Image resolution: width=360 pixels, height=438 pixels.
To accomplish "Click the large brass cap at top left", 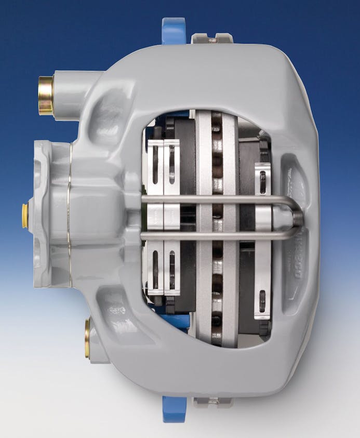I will tap(46, 95).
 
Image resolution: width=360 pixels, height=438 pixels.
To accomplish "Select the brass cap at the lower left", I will tap(87, 338).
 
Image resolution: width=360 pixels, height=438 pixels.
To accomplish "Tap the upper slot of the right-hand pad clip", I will tap(263, 182).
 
